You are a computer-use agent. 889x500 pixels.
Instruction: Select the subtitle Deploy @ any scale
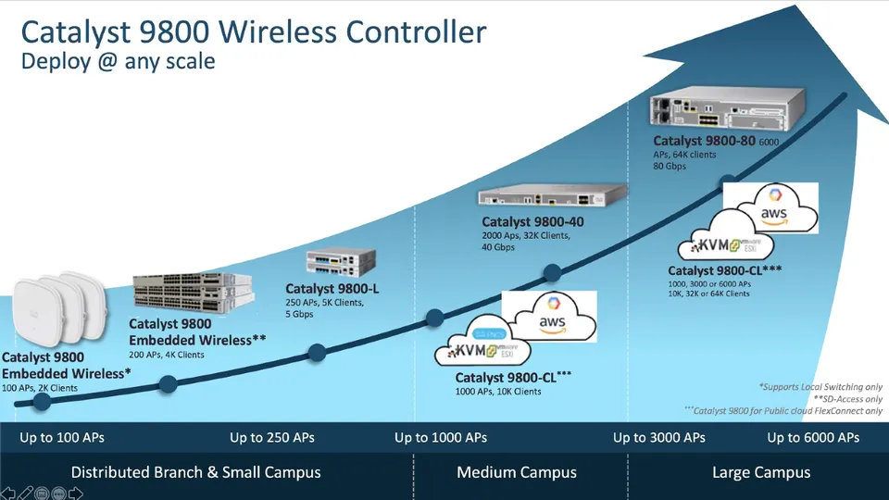tap(118, 62)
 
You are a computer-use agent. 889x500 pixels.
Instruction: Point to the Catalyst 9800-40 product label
tap(532, 222)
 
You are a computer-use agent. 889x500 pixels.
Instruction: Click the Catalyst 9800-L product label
tap(332, 289)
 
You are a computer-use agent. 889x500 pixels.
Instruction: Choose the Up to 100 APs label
tap(61, 437)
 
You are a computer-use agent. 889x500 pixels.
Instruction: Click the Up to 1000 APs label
tap(441, 437)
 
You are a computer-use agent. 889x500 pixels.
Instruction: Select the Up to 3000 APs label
tap(659, 437)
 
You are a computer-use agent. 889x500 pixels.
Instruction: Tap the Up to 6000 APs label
tap(813, 437)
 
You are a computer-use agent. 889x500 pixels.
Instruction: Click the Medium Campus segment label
tap(517, 472)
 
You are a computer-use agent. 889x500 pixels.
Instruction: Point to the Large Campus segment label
tap(761, 472)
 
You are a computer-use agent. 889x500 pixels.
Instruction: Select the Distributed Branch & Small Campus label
tap(196, 472)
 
